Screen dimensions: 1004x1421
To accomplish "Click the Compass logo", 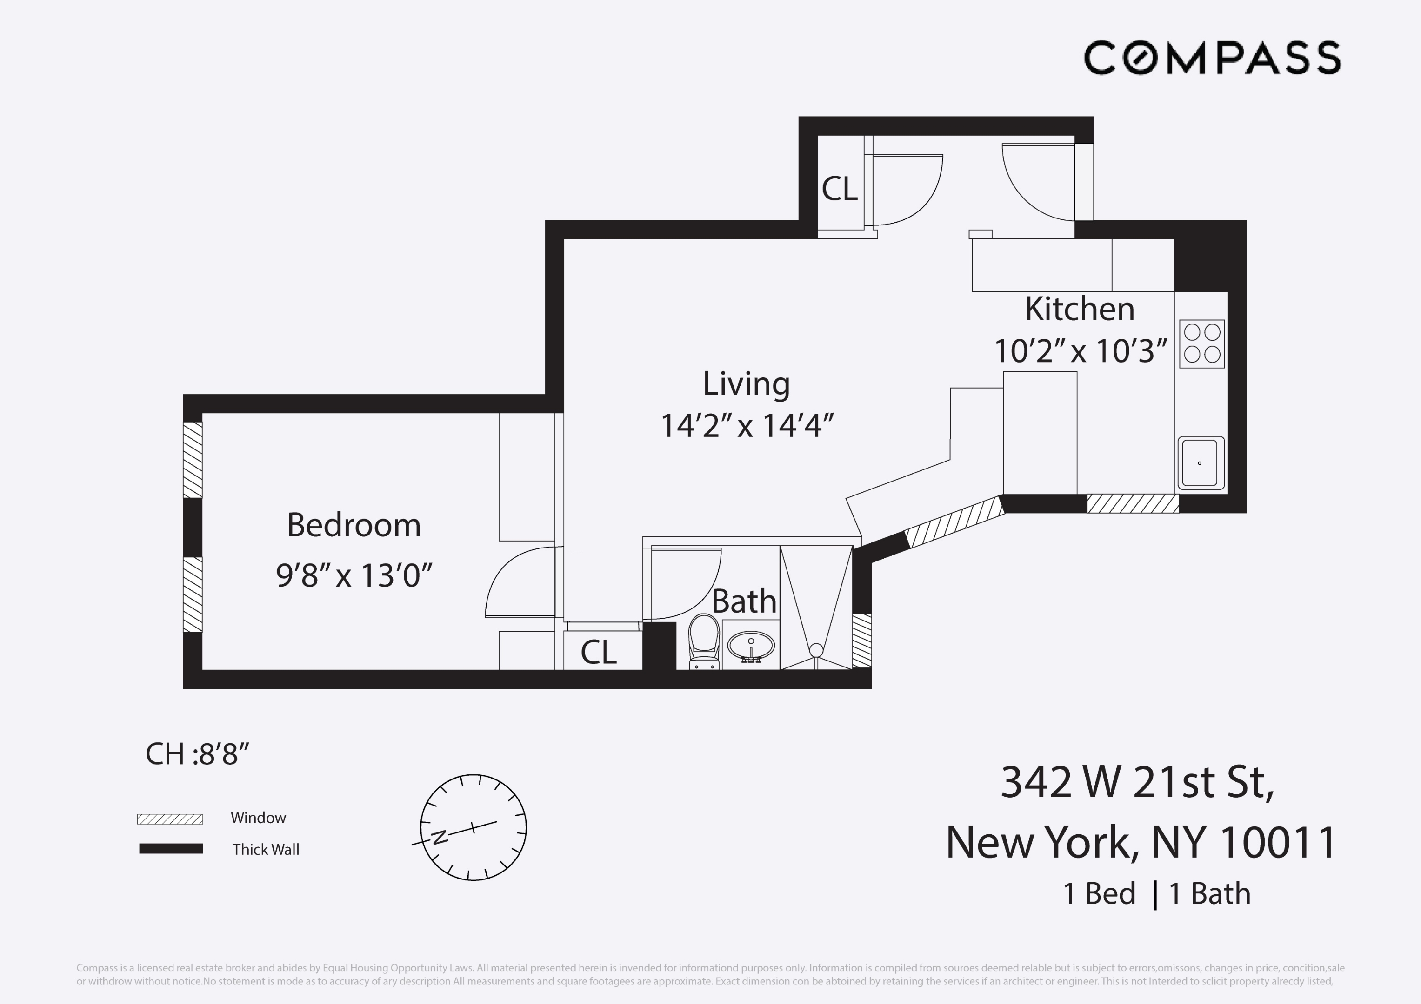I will coord(1212,58).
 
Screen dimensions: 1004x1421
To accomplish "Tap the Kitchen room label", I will coord(1080,309).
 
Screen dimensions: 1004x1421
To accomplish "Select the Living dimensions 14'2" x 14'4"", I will coord(747,426).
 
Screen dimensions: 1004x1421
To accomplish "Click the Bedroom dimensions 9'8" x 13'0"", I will coord(354,575).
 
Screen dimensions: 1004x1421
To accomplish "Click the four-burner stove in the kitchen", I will coord(1201,344).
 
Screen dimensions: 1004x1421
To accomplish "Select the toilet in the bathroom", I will coord(704,640).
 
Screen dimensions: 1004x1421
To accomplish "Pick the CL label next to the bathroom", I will coord(599,652).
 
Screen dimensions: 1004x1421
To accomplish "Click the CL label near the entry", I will coord(839,189).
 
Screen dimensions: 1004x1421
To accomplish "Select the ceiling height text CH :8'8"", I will coord(197,754).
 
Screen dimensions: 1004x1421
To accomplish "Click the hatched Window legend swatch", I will coord(170,819).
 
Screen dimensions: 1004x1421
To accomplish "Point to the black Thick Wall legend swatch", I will coord(171,849).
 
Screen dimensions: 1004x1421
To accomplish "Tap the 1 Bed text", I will coord(1099,894).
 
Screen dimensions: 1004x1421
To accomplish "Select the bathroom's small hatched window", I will coord(861,640).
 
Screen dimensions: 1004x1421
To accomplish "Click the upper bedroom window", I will coord(193,460).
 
